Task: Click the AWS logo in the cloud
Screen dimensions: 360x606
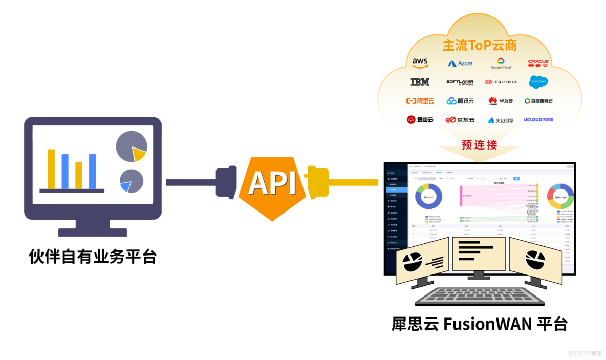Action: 420,63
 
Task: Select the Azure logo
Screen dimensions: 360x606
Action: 460,63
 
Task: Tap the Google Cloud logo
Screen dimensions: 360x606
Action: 501,63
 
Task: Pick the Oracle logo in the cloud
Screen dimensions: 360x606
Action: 538,63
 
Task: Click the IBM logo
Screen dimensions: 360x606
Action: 420,82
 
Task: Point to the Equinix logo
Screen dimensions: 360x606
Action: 501,82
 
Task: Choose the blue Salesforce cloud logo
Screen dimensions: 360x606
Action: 538,81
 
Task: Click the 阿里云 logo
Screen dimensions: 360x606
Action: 420,101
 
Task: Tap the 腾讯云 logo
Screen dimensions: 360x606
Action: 460,101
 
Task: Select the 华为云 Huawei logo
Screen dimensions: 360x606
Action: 500,101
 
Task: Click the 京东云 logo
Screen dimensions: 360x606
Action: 460,120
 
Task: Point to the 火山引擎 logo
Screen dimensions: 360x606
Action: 500,120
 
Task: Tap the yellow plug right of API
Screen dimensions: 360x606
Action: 318,181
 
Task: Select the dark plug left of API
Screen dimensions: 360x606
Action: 225,181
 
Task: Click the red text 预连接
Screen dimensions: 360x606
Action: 479,145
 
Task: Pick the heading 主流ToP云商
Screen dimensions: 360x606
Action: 480,45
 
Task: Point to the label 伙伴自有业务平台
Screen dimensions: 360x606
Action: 93,256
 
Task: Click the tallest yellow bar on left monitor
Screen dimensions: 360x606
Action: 51,168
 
